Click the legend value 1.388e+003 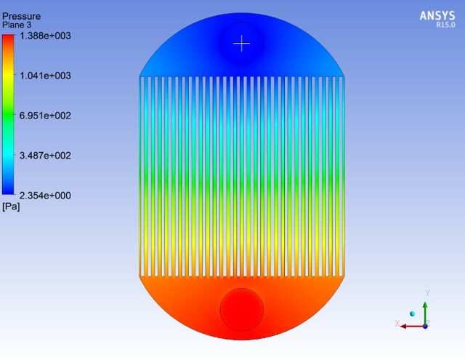point(45,36)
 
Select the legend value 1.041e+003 point(45,76)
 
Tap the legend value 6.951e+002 point(45,116)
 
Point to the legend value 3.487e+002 point(45,156)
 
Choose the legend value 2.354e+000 point(45,196)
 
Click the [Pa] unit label point(11,207)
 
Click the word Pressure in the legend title point(21,16)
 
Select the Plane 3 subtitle point(17,25)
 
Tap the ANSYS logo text point(437,16)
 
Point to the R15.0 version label point(445,25)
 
